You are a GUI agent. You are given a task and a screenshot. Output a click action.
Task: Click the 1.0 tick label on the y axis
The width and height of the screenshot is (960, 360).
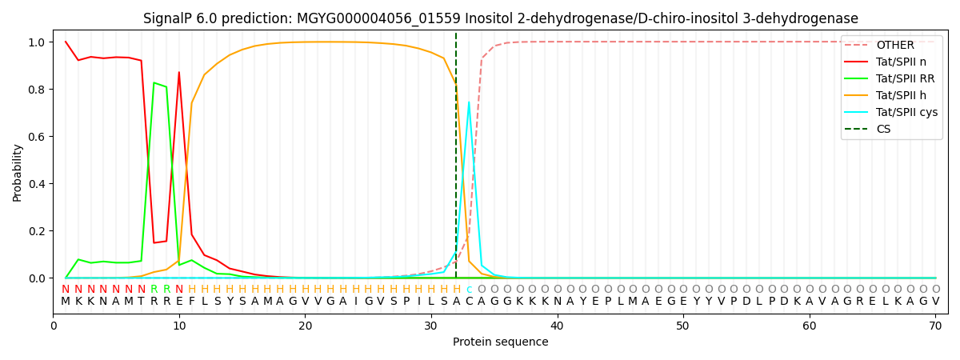point(37,42)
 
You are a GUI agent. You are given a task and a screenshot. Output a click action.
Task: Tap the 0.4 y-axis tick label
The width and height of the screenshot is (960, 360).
point(37,184)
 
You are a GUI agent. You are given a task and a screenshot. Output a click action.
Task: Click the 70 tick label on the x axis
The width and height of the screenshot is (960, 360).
point(935,326)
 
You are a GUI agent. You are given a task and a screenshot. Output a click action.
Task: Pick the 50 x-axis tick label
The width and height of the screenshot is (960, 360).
point(683,326)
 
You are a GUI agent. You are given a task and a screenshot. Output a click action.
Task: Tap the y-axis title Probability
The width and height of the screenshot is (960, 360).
point(18,171)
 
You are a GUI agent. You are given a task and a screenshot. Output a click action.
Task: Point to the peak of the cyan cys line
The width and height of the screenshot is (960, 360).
point(469,102)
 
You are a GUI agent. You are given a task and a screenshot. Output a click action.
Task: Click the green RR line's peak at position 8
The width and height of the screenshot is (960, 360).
point(154,82)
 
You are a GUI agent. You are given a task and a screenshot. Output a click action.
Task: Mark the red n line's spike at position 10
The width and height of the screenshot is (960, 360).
point(179,72)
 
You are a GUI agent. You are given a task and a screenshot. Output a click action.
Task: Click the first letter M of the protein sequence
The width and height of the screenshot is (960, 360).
point(66,301)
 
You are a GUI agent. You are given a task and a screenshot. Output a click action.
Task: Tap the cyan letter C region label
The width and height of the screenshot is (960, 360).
point(469,290)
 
